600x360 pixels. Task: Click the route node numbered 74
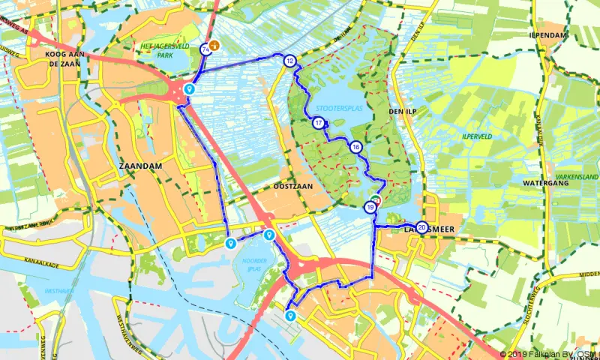[205, 49]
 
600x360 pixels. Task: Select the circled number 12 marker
[289, 61]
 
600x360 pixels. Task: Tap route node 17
[319, 123]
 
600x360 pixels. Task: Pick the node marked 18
[355, 147]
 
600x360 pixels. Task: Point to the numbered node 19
[370, 208]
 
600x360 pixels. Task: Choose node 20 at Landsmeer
[422, 227]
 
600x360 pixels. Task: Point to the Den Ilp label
[402, 111]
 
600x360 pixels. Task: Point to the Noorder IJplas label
[254, 264]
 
